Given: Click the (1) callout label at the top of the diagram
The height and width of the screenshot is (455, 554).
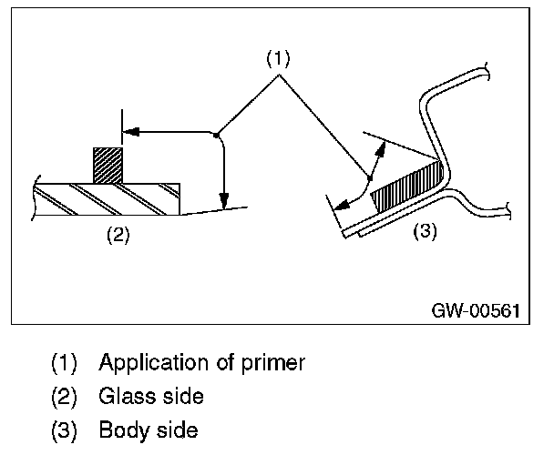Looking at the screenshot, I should pos(277,58).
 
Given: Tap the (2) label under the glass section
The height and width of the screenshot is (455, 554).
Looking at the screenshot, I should pos(118,235).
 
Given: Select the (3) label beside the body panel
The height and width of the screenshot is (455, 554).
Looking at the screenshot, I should pos(426,232).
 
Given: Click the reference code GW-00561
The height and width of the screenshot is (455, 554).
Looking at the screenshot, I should pos(476,310).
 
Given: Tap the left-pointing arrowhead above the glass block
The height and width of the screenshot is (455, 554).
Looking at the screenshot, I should pos(131,132).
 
